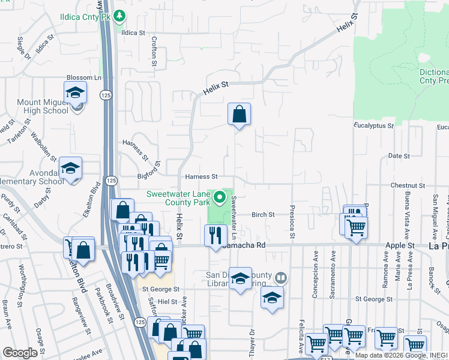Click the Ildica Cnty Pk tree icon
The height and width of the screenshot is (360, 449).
click(x=120, y=16)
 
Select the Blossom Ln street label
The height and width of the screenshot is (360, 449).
click(x=84, y=78)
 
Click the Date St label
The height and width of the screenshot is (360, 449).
click(x=399, y=156)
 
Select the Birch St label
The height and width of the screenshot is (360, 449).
click(x=263, y=215)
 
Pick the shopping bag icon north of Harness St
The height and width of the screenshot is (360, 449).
click(x=239, y=114)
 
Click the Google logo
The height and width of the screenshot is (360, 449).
click(x=20, y=353)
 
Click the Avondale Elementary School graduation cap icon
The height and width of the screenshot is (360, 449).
click(x=70, y=169)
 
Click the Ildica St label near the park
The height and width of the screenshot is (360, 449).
click(x=134, y=33)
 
